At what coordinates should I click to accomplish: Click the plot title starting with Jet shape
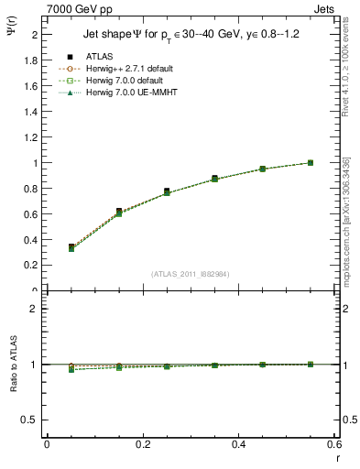point(191,35)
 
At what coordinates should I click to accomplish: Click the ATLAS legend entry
point(99,58)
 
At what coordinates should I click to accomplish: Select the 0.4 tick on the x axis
point(239,444)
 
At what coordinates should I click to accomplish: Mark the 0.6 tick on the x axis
point(334,444)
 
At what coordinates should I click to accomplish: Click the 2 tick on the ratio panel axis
point(32,309)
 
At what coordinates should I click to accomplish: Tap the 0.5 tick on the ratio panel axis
point(27,420)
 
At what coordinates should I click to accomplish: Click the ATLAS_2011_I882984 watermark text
point(190,273)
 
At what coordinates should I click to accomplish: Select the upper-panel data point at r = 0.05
point(47,247)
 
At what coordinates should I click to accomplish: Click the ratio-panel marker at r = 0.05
point(47,369)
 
